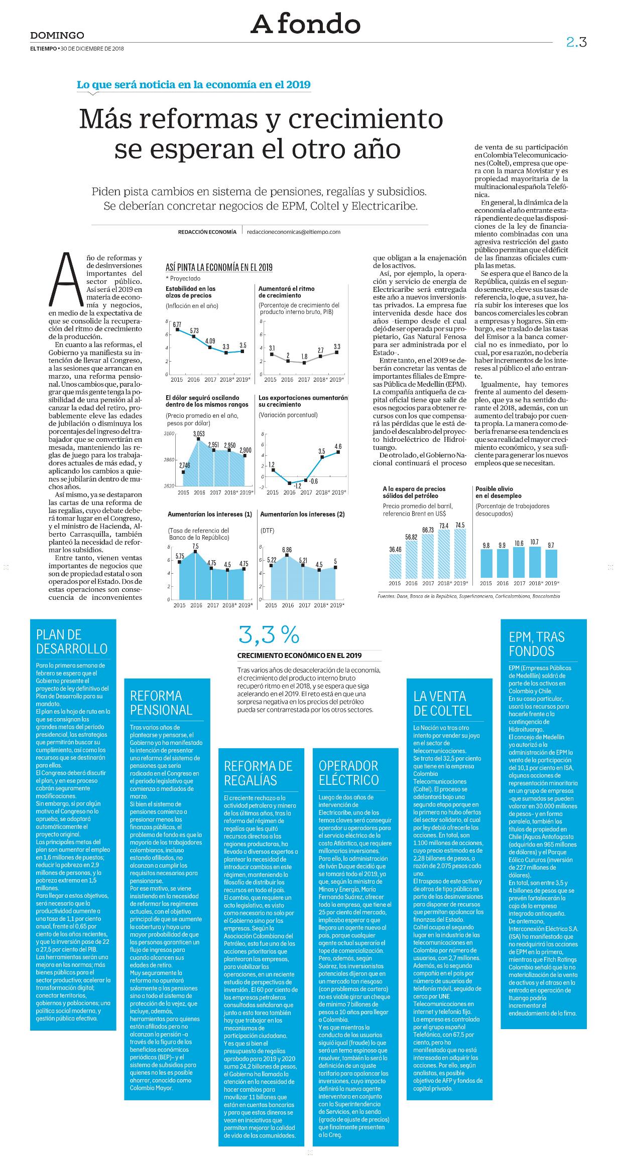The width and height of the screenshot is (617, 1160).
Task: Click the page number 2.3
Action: point(576,42)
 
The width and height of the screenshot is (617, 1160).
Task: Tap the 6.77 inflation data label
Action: point(177,324)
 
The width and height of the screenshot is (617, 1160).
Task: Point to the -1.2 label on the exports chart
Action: point(297,486)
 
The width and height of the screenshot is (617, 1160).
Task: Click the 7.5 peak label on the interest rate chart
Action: point(195,546)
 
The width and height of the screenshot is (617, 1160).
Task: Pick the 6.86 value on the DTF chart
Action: point(287,550)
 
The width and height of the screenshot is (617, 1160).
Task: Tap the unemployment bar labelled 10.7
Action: point(535,562)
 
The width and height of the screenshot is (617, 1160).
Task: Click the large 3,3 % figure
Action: point(269,636)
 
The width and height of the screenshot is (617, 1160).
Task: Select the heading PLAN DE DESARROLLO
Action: point(72,642)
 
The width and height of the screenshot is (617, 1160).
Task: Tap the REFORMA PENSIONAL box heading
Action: point(161,703)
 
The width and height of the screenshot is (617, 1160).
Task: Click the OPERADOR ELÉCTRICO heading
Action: point(349,773)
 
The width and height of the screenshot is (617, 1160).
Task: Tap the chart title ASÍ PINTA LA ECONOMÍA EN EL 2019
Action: point(219,268)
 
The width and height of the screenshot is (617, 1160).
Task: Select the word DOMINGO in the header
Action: point(57,35)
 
